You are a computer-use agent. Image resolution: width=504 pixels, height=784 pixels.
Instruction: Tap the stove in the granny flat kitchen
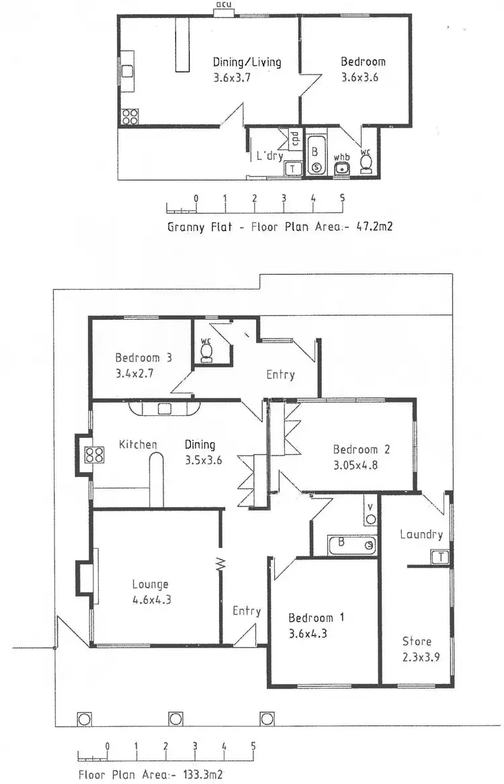click(130, 116)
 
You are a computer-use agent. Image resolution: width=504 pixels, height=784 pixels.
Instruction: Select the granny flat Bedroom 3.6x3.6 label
click(363, 69)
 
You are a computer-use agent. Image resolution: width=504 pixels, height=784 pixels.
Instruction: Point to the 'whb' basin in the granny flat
click(343, 167)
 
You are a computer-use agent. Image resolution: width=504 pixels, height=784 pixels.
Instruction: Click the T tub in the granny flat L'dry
click(293, 168)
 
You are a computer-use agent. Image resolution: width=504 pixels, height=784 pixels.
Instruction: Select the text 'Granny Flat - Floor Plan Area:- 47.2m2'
click(280, 226)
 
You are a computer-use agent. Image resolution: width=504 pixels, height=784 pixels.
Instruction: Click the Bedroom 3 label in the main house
click(143, 358)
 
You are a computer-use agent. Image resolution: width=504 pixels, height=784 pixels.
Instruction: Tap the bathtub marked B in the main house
click(352, 545)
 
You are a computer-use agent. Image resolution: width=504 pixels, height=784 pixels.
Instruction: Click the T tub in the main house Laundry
click(440, 557)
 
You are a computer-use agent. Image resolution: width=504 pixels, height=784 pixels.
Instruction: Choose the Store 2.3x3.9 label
click(417, 649)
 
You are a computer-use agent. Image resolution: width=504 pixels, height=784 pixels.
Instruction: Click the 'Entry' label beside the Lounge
click(247, 611)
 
